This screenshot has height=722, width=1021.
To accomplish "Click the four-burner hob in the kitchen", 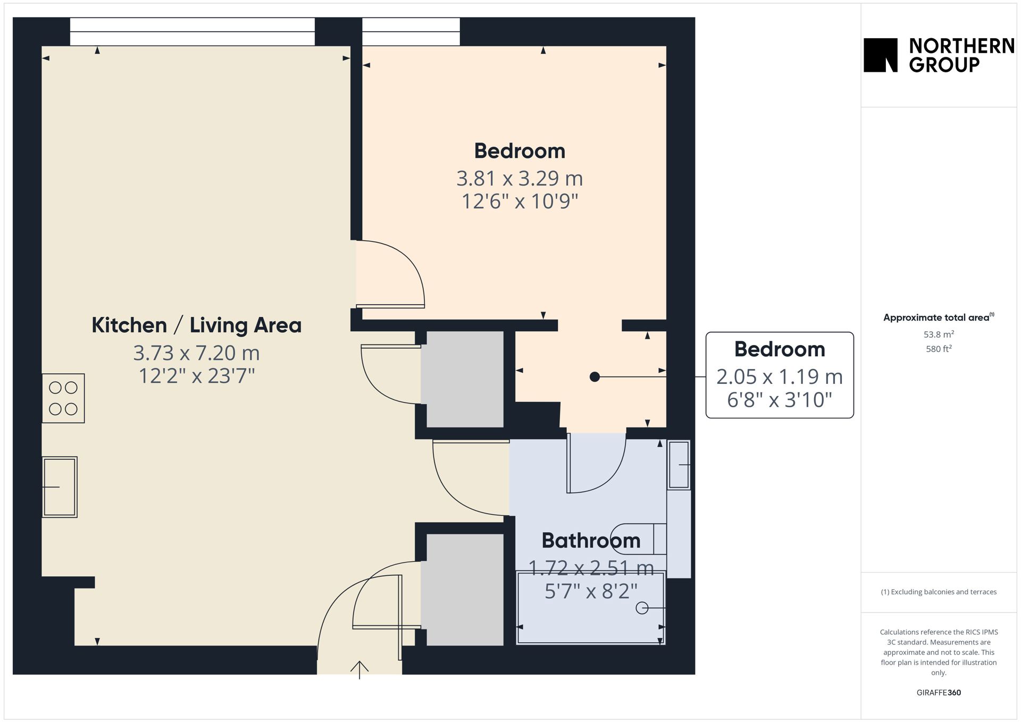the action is tap(63, 398).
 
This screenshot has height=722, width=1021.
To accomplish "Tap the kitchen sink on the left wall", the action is tap(60, 487).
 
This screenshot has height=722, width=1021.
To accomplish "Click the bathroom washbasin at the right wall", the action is tap(679, 465).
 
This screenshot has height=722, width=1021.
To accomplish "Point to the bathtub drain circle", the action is tap(642, 608).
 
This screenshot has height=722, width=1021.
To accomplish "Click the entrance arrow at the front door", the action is tap(359, 670).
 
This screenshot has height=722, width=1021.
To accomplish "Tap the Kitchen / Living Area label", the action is tap(197, 325).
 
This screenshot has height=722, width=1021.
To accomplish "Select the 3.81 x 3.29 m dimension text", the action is tap(520, 179).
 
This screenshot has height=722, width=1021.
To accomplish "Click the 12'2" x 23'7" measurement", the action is tap(197, 376).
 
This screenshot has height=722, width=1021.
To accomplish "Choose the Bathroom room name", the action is tap(591, 541).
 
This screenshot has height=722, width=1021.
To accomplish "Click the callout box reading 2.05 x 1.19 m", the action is tap(780, 375).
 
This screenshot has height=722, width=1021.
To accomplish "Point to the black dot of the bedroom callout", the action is tap(595, 377).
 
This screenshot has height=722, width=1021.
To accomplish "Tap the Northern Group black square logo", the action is tap(881, 55).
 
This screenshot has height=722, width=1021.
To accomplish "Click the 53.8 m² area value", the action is tap(939, 334).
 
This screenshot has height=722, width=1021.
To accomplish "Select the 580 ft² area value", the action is tap(939, 349).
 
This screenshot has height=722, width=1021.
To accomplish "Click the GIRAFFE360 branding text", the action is tap(939, 693).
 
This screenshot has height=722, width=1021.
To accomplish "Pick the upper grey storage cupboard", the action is tap(465, 379).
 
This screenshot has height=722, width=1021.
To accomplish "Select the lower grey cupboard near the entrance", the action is tap(465, 590).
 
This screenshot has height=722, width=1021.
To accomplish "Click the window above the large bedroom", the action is tap(411, 32).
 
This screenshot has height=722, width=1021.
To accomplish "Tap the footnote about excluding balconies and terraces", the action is tap(939, 592).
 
